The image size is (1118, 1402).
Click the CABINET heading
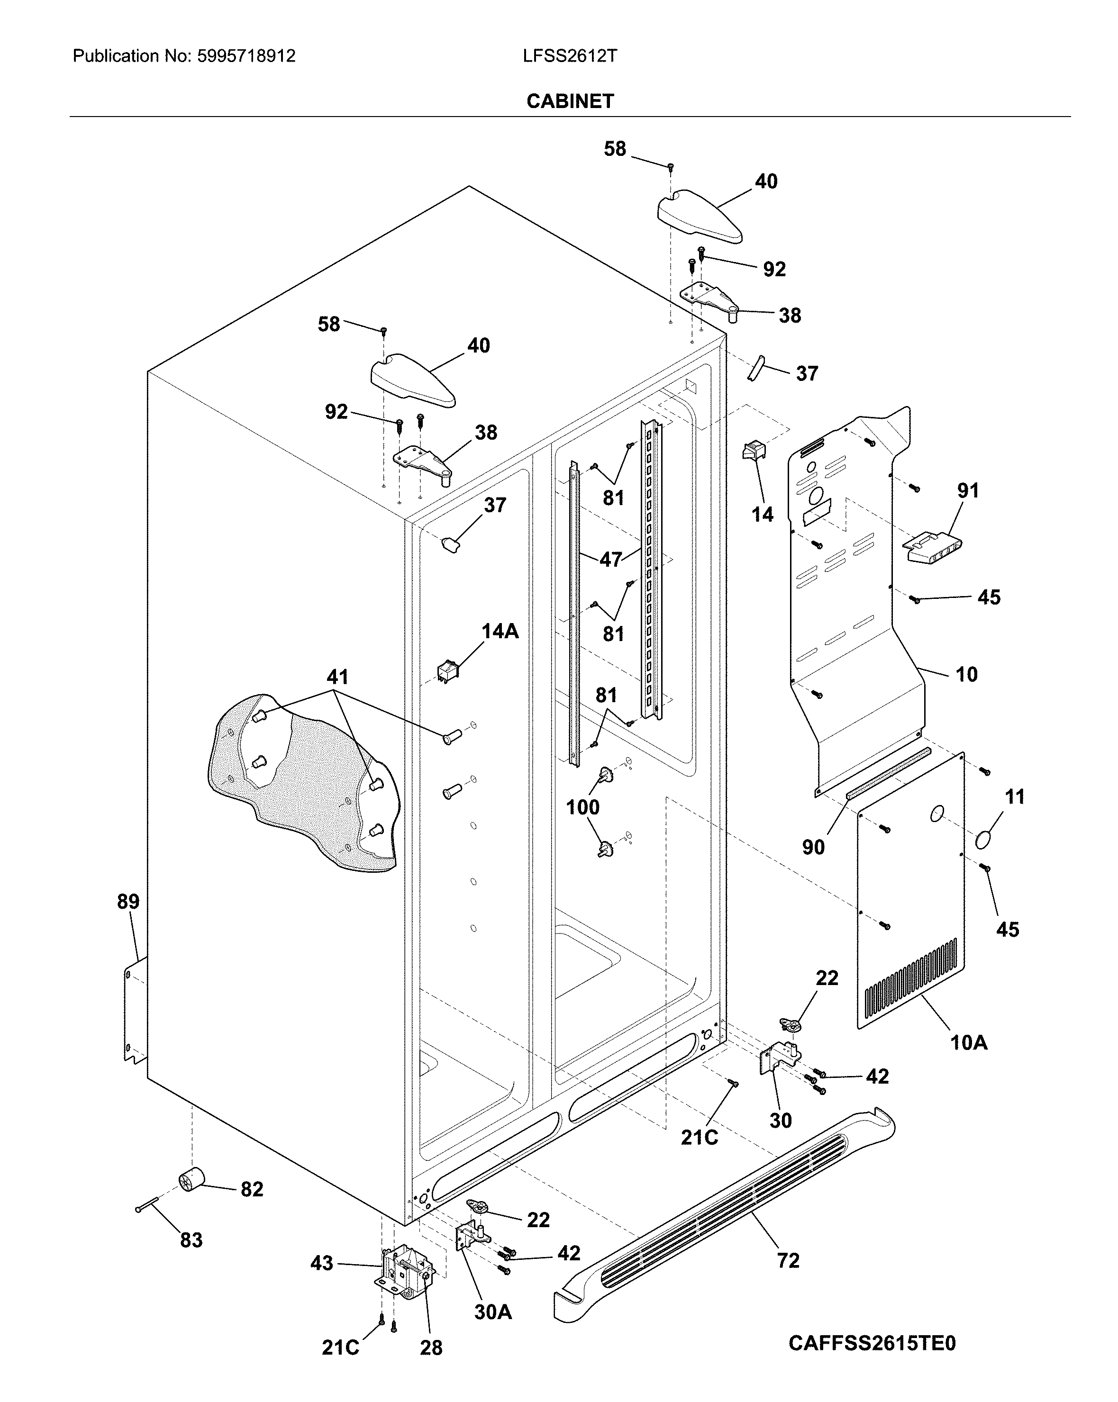pyautogui.click(x=570, y=101)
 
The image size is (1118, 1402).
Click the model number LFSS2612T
pyautogui.click(x=570, y=56)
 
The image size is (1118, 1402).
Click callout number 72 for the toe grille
pyautogui.click(x=788, y=1260)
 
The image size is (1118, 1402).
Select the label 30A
pyautogui.click(x=492, y=1312)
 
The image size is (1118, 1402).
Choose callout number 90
pyautogui.click(x=813, y=847)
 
